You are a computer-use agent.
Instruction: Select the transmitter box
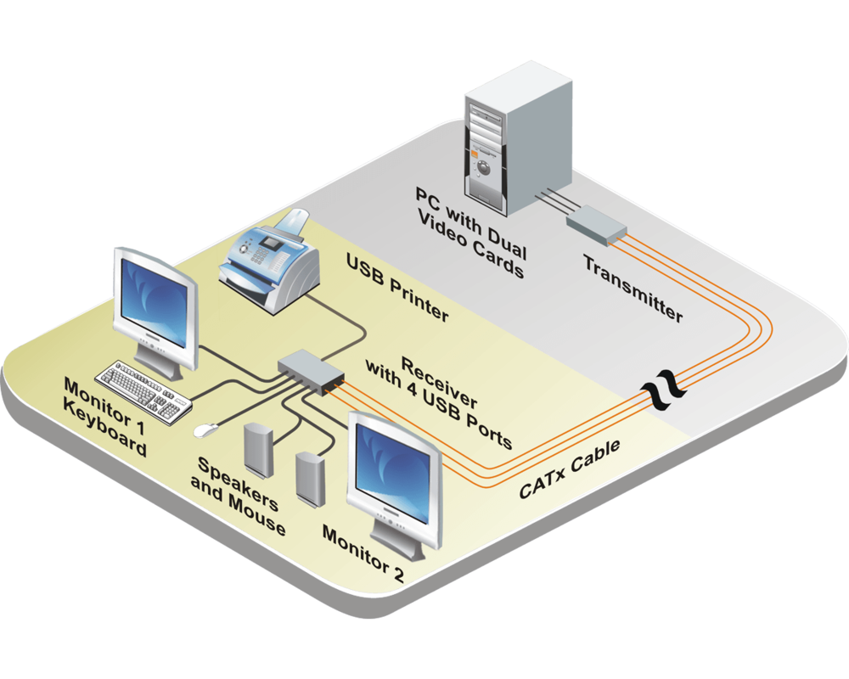(596, 222)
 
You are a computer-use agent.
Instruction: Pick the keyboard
(141, 390)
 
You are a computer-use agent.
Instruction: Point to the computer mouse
(204, 430)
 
